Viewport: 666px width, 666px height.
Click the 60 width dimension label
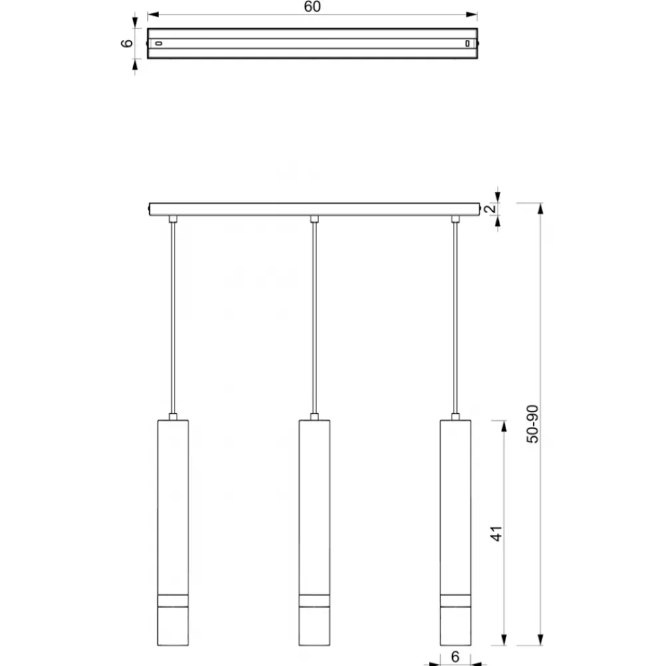[x=312, y=7]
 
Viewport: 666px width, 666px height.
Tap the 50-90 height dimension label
[x=532, y=424]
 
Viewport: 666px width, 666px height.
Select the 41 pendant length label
[x=496, y=533]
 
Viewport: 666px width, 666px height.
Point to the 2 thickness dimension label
[x=490, y=208]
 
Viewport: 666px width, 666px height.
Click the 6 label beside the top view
[x=127, y=43]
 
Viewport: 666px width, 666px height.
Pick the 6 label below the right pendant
[x=455, y=657]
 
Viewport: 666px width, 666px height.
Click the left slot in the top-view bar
[x=159, y=43]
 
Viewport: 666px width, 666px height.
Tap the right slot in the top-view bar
[x=468, y=43]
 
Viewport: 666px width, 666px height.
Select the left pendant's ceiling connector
[x=172, y=218]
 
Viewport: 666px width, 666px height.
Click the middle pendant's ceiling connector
[x=314, y=218]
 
